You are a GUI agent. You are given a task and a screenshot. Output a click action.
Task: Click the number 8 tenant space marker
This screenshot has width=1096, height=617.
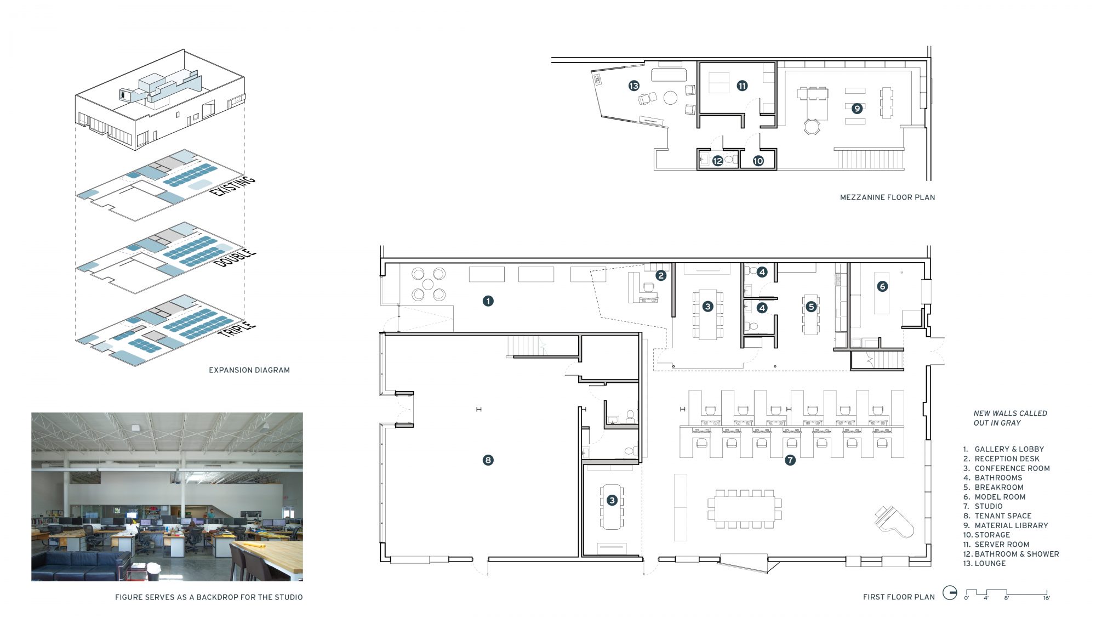488,460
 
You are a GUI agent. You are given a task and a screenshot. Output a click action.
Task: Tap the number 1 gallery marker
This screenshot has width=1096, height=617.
488,301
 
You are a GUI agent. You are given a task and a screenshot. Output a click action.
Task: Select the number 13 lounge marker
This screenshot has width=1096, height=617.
634,86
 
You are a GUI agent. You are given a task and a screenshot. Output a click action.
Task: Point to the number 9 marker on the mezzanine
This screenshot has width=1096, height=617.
857,109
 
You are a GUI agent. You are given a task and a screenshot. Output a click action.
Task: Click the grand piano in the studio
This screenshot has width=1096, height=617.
894,522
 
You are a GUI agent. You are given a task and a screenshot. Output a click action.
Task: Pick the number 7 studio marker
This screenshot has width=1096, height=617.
790,460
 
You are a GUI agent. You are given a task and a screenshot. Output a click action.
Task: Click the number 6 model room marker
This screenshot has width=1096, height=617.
882,286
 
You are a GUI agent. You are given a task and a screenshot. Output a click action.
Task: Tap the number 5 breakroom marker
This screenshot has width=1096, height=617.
811,307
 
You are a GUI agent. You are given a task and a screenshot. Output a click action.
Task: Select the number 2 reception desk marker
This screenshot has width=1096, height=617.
661,275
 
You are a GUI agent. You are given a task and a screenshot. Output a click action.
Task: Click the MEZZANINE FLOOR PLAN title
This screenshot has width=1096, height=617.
887,197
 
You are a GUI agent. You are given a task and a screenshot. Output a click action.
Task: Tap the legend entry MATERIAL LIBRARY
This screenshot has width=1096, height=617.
1011,525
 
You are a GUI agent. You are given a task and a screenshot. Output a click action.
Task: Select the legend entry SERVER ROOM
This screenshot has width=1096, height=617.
1002,545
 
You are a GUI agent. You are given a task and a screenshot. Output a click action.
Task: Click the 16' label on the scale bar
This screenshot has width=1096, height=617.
1047,598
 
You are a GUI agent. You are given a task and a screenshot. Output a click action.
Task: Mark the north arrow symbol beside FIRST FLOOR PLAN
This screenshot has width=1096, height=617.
950,593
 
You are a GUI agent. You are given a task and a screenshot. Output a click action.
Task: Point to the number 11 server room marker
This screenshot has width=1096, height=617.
742,86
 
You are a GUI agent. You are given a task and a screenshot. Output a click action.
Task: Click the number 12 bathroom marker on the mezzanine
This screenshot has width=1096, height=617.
717,161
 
